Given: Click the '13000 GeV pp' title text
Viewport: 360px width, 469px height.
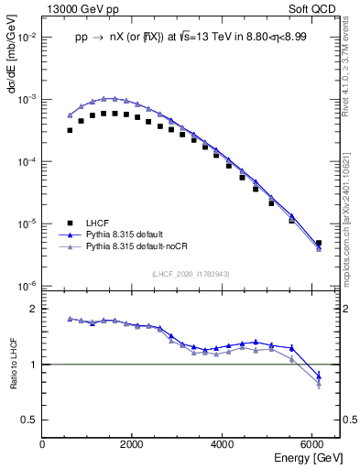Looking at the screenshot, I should coord(80,7).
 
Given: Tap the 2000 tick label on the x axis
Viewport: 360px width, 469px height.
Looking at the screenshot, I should coord(132,444).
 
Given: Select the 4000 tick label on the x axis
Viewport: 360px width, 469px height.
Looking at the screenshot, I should coord(222,444).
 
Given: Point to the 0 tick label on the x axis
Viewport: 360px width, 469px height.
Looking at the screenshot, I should coord(42,444).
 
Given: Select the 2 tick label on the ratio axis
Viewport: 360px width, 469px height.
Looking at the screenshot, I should coord(33,310).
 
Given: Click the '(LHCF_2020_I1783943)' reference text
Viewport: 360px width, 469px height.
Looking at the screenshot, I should coord(191,275).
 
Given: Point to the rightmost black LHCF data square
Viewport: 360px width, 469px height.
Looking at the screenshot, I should coord(318,244).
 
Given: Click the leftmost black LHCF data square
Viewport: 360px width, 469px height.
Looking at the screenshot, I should coord(70,130).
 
